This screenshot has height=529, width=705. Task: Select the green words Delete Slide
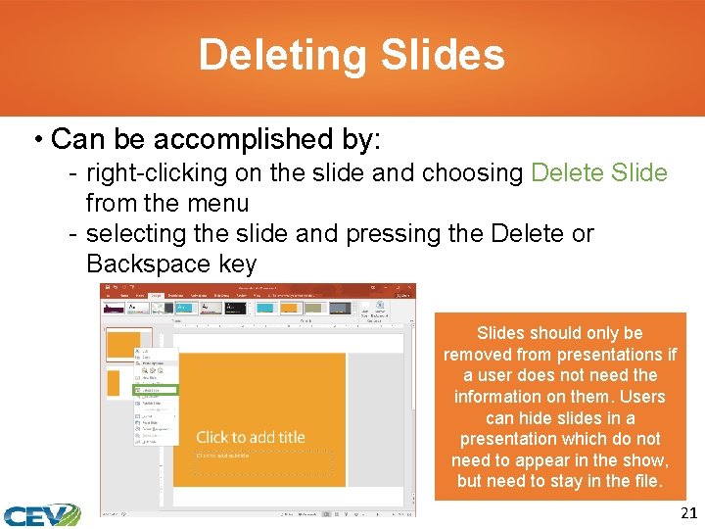coord(598,173)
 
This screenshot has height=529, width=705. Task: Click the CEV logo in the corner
coord(41,513)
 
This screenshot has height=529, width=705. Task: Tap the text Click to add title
coord(251,437)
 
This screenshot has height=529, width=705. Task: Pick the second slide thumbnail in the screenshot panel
coord(113,384)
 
